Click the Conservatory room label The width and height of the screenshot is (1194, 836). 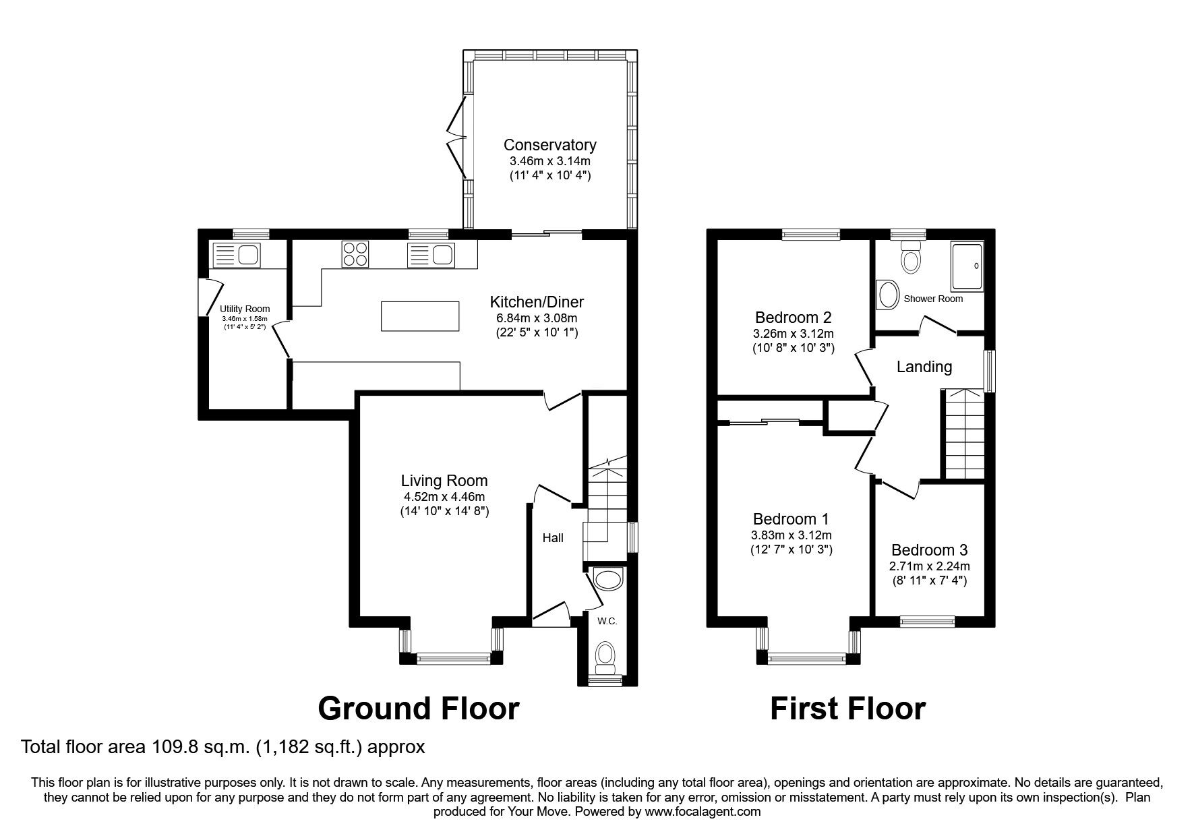(x=549, y=145)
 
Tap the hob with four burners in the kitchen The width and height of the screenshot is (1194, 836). (x=355, y=255)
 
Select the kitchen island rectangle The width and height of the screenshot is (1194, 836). (x=421, y=316)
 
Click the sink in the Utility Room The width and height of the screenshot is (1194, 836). (x=236, y=256)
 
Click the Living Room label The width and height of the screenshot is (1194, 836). (x=444, y=481)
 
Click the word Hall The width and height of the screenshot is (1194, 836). (x=553, y=538)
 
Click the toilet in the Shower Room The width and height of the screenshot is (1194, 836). (x=911, y=258)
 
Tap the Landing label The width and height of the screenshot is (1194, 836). (x=924, y=367)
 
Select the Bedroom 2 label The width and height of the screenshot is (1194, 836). (x=793, y=317)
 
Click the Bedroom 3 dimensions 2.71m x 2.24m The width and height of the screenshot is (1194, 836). (x=928, y=566)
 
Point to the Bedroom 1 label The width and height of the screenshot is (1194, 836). (x=790, y=519)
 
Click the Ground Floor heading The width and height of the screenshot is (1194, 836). (x=418, y=709)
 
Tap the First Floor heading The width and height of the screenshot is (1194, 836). (x=847, y=709)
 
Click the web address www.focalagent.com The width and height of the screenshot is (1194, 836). (x=703, y=812)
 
